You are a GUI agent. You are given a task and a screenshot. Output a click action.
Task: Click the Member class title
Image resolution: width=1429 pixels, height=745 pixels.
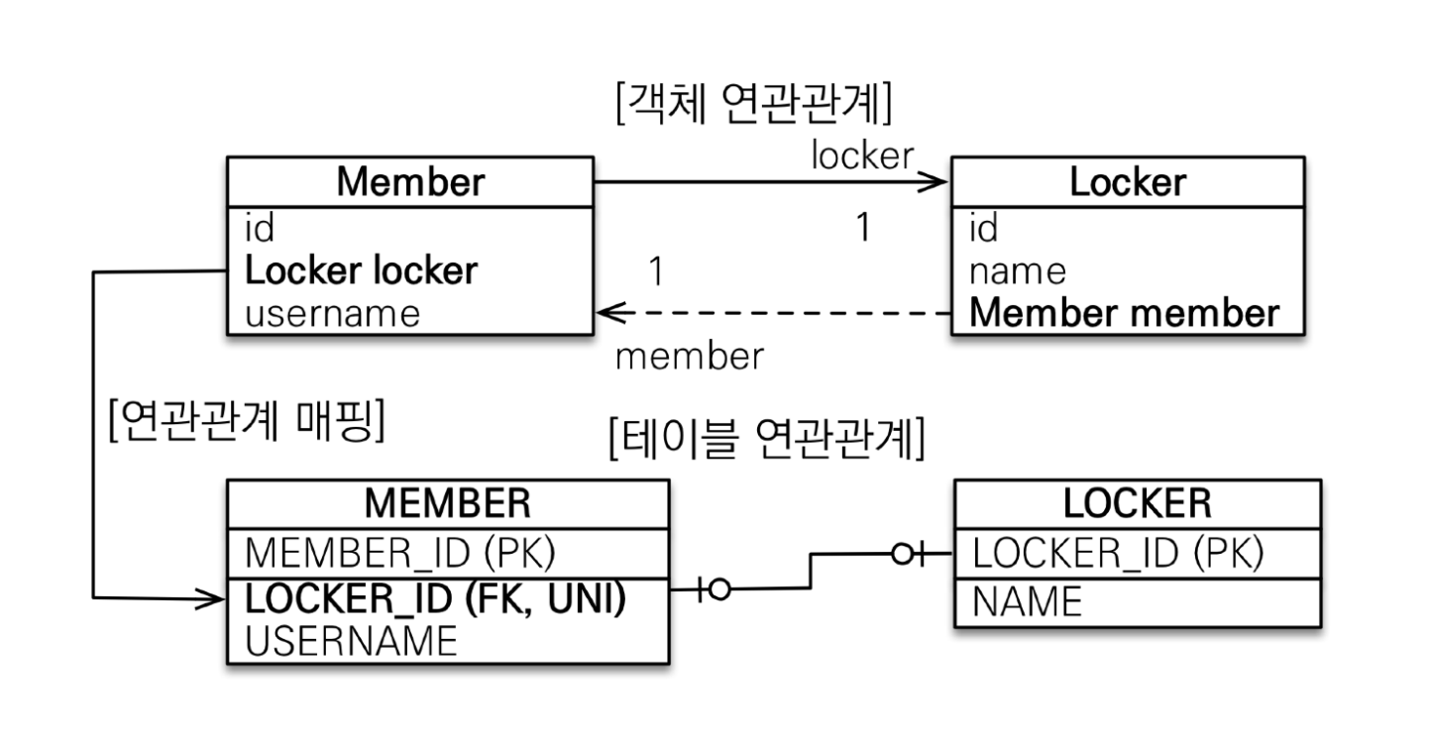click(410, 182)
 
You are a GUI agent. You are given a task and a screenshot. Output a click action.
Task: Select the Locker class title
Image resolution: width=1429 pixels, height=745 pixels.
click(1128, 182)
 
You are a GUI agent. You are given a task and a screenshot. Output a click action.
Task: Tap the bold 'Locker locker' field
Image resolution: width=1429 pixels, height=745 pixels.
click(361, 270)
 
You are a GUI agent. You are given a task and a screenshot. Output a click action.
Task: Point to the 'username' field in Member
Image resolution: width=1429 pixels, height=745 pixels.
click(332, 314)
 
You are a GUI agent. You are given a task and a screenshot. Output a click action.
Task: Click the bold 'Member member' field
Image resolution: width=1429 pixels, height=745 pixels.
click(1124, 313)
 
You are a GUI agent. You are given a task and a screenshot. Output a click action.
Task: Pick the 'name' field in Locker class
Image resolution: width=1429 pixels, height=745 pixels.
click(1018, 272)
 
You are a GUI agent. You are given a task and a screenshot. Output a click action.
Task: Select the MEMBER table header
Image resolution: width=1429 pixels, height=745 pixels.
click(447, 503)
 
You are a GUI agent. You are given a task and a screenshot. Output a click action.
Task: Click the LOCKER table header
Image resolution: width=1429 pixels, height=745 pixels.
click(1137, 503)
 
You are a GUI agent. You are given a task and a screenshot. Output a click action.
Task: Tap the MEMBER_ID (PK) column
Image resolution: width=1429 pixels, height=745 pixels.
click(400, 553)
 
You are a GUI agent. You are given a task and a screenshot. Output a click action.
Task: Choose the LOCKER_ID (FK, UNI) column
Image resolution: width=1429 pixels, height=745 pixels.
click(435, 599)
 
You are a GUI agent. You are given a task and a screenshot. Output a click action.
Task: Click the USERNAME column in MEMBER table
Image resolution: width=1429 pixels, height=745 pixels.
click(351, 641)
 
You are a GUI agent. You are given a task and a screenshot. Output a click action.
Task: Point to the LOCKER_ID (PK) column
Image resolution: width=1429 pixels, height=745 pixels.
click(1118, 553)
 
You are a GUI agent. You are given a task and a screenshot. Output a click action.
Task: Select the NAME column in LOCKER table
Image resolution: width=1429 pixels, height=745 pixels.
click(1027, 601)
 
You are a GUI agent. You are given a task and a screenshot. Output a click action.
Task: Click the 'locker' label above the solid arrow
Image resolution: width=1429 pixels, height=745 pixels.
click(862, 155)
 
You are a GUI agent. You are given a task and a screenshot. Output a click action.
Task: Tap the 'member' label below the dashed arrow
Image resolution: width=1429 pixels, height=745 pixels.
click(690, 356)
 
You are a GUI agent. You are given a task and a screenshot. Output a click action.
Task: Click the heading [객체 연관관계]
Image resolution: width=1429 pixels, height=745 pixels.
click(754, 103)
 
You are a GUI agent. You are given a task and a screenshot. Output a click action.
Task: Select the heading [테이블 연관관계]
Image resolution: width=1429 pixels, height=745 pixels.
click(767, 439)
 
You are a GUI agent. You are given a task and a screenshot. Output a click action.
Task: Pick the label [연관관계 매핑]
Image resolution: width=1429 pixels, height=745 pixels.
click(247, 420)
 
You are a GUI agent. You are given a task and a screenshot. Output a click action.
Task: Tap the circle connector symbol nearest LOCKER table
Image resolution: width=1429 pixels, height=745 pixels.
click(902, 554)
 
